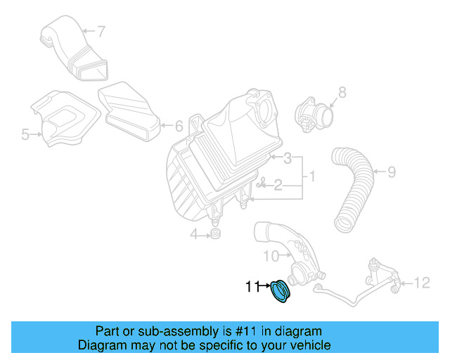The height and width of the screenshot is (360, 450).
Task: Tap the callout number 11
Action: (252, 286)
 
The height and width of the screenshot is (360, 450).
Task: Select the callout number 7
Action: (101, 31)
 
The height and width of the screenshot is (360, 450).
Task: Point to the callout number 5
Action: (25, 134)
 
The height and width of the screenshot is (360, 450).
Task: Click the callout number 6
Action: (178, 127)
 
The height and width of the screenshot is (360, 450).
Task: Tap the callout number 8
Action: (342, 91)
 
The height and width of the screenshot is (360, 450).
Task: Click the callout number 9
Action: (392, 171)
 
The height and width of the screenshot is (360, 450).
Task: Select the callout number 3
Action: (288, 160)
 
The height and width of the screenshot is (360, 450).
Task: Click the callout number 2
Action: (278, 185)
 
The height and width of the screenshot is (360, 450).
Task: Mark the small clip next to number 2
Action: (262, 184)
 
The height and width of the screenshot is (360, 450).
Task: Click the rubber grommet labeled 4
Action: (216, 233)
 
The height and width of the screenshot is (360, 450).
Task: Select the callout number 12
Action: (421, 283)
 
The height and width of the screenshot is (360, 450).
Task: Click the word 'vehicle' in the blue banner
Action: (307, 345)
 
